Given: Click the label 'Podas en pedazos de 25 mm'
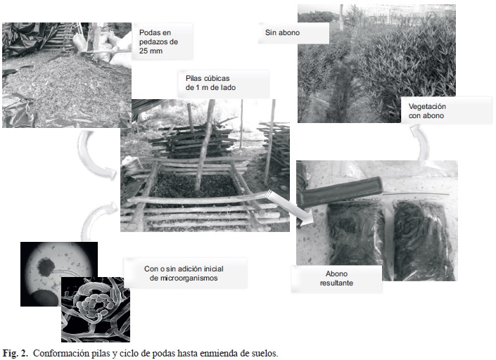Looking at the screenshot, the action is pos(158,41).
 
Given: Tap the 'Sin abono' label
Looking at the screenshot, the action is pos(282,32).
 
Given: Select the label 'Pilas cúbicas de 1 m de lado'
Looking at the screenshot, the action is pos(210,83).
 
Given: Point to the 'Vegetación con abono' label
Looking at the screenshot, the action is pos(427,111).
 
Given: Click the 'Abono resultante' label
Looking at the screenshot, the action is pos(336,278).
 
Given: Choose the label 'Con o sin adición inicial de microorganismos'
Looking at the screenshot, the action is pos(184,274).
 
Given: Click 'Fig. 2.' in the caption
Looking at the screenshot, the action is pos(15,353).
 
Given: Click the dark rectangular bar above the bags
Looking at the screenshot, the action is pos(340,191).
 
